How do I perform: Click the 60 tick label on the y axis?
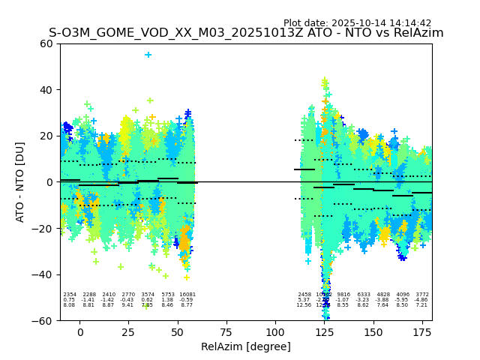[47, 43]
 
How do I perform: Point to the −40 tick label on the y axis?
[44, 274]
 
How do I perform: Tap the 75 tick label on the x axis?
[226, 332]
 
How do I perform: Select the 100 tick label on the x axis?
[275, 332]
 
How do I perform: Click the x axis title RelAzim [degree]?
[246, 346]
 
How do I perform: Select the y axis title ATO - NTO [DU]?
[20, 182]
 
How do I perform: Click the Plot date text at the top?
[357, 23]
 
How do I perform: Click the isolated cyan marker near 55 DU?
[148, 55]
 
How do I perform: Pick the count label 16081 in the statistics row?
[187, 295]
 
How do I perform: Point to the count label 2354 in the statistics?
[70, 295]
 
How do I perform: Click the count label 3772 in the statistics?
[422, 295]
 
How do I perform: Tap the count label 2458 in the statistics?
[304, 295]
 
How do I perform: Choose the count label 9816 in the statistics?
[343, 295]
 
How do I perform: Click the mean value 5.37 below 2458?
[304, 300]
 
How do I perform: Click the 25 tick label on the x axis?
[129, 332]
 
